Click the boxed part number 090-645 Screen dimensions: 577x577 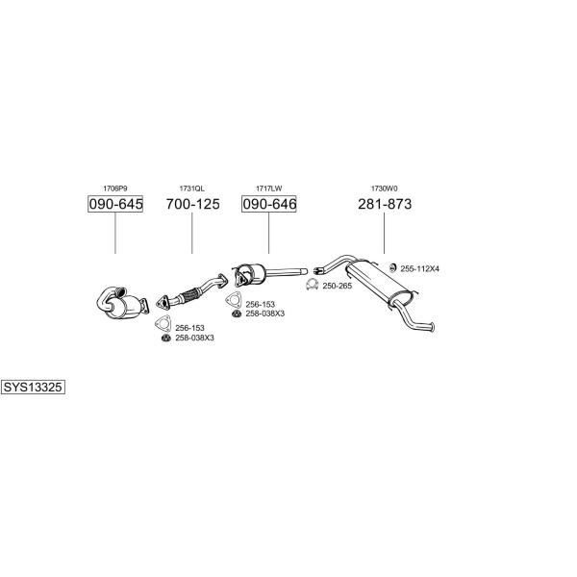pos(115,204)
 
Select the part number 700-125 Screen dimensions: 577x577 pos(192,204)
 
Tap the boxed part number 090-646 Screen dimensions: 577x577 pos(269,204)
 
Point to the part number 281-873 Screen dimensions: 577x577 pos(385,204)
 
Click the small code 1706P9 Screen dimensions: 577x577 pos(115,188)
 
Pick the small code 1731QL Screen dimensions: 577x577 pos(191,188)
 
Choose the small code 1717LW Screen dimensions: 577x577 pos(269,188)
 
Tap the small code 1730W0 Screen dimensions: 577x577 pos(384,188)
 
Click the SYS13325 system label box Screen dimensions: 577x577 pos(33,388)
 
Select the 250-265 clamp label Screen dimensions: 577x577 pos(338,286)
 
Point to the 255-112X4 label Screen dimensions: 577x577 pos(420,268)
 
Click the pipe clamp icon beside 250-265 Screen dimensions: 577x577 pos(312,285)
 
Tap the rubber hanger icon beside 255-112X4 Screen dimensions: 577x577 pos(393,267)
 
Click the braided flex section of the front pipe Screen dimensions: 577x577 pos(190,295)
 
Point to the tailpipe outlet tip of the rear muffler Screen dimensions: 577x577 pos(433,327)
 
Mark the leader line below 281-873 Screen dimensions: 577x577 pos(384,234)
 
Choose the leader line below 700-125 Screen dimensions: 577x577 pos(191,234)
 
